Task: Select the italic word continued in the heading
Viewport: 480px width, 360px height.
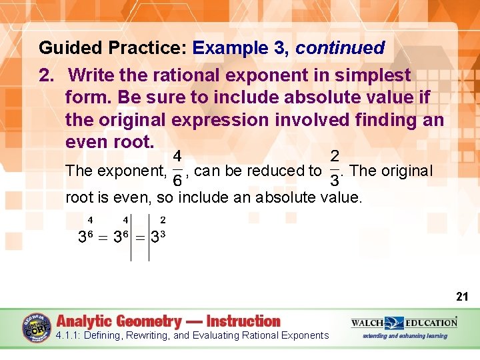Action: pyautogui.click(x=340, y=48)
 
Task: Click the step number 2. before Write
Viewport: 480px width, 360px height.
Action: pyautogui.click(x=47, y=75)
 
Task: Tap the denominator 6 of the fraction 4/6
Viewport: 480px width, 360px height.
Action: pyautogui.click(x=178, y=181)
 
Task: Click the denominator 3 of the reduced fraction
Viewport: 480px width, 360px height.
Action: pyautogui.click(x=335, y=181)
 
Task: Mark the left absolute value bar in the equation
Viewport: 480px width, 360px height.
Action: pyautogui.click(x=131, y=237)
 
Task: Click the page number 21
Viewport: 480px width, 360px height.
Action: pyautogui.click(x=461, y=296)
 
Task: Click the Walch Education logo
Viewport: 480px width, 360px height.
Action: pyautogui.click(x=404, y=323)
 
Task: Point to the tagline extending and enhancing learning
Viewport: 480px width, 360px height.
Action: pyautogui.click(x=405, y=336)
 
